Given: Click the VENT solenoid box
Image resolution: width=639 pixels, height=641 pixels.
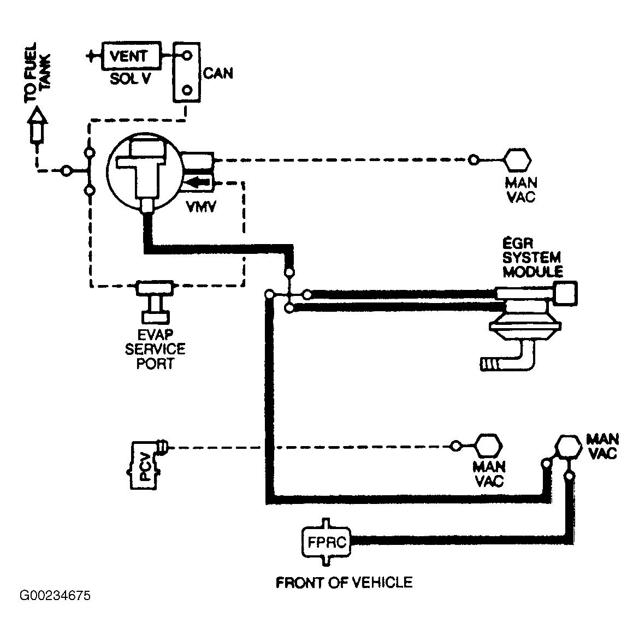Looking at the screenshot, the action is coord(131,56).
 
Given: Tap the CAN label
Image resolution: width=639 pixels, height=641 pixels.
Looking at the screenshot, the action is coord(218,74).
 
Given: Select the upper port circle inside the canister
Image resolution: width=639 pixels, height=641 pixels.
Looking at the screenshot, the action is coord(187,55).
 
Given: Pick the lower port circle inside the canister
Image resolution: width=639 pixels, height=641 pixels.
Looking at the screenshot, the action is coord(187,90).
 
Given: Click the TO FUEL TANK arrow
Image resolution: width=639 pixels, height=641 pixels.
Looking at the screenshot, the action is coord(37,124).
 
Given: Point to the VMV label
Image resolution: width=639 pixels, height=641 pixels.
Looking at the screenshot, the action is coord(201,207).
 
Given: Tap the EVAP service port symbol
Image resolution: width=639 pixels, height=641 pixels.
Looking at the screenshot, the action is coord(155,302).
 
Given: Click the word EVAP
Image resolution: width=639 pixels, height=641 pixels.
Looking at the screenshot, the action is coord(155,335).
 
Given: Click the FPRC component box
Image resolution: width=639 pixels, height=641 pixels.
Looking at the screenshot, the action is coord(326,542).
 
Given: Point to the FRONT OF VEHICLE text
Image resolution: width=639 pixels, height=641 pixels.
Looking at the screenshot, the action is coord(344,582).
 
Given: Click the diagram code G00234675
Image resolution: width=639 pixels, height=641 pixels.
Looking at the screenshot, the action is coord(55,595).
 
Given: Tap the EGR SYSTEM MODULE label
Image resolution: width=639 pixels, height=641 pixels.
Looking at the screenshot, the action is coord(532,258).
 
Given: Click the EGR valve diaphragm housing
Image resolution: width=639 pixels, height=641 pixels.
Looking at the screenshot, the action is coord(526,323).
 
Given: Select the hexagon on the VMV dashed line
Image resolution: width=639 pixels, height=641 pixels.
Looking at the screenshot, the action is coord(517,160).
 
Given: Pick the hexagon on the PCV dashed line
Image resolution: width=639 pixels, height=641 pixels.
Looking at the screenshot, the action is coord(488,446).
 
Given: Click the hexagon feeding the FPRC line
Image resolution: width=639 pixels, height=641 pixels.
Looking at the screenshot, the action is coord(568,447).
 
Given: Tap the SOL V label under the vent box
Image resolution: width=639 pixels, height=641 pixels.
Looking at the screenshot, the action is coord(130,79).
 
